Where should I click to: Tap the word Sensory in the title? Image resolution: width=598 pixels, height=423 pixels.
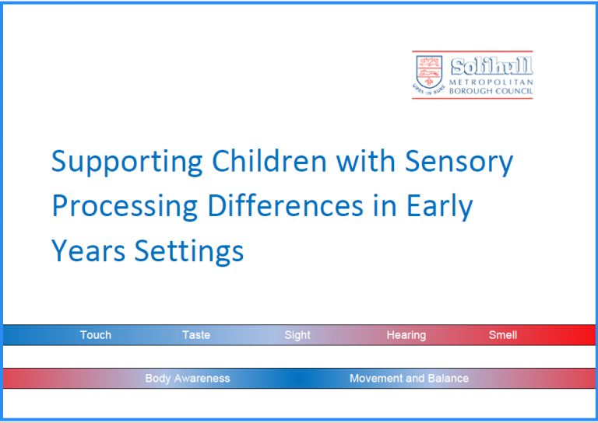click(x=459, y=163)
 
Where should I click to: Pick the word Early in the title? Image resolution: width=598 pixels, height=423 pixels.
click(x=439, y=208)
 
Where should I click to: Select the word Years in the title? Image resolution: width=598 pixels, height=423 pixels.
click(x=86, y=251)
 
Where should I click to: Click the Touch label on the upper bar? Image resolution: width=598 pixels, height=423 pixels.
click(x=96, y=335)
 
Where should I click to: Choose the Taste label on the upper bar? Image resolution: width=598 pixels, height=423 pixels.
click(x=196, y=335)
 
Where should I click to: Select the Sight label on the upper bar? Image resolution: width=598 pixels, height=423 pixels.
click(x=297, y=335)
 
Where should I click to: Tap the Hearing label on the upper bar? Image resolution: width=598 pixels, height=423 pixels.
click(x=406, y=335)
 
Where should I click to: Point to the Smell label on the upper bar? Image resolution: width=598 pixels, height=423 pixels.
click(x=503, y=335)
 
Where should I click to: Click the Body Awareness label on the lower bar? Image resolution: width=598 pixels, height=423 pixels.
click(x=188, y=379)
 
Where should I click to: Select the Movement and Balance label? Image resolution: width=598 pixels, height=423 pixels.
click(x=409, y=379)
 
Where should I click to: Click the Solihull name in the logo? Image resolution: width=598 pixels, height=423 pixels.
click(x=491, y=65)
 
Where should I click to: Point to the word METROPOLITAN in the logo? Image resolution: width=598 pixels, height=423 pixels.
click(x=491, y=82)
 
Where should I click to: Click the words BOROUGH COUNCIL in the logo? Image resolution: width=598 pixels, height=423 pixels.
click(x=491, y=91)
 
